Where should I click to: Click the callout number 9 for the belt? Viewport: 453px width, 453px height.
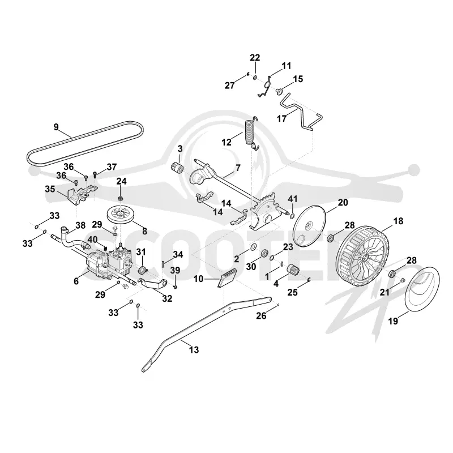tap(56, 127)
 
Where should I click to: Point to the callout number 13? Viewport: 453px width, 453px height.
tap(194, 350)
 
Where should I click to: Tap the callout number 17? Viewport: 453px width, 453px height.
tap(281, 118)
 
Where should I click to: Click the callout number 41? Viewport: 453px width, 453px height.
tap(293, 199)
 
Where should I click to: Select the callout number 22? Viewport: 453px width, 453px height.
tap(255, 58)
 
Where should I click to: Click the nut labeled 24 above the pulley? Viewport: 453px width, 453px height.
tap(120, 199)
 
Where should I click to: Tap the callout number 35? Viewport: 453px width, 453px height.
tap(50, 189)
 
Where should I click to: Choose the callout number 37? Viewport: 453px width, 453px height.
tap(112, 167)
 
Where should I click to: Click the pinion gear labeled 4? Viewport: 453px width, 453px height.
tap(292, 271)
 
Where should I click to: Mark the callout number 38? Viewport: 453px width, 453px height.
tap(80, 225)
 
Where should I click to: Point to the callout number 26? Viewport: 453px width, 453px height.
tap(261, 316)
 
